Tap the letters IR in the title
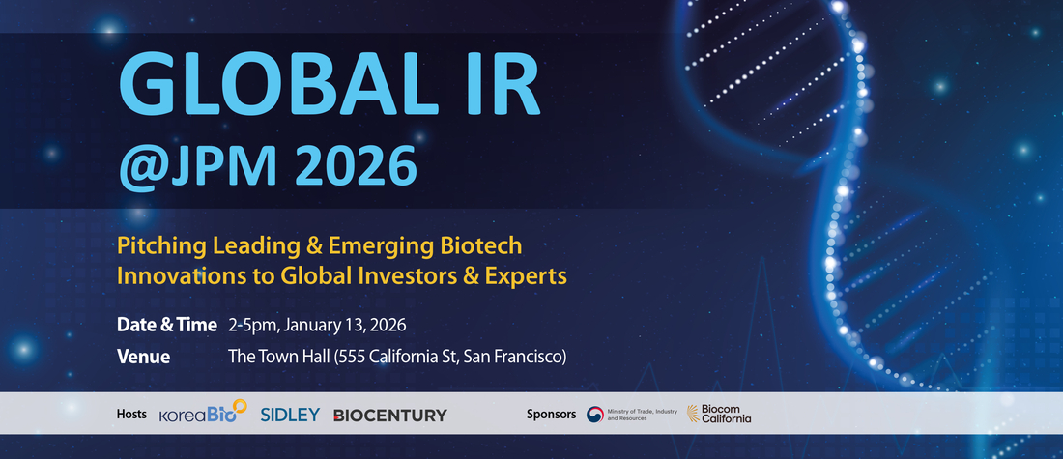click(503, 86)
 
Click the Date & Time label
click(167, 325)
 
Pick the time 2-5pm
click(253, 326)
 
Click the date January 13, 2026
click(345, 326)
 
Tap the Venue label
click(144, 357)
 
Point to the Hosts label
click(131, 414)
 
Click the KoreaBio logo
click(203, 413)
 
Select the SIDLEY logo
click(290, 415)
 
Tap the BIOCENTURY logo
click(389, 415)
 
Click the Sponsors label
click(551, 414)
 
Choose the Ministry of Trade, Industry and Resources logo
click(632, 415)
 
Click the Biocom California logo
click(719, 414)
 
